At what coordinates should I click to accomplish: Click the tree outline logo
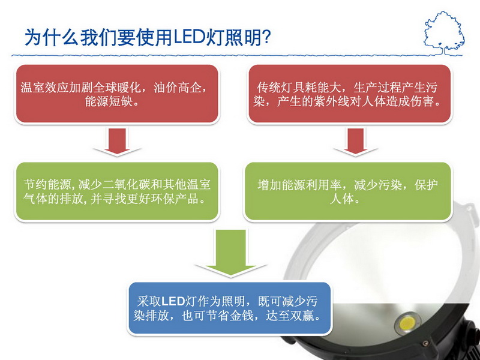444,33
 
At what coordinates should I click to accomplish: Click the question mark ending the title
266,37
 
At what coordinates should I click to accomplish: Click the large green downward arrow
230,253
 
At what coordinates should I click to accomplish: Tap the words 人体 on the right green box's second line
341,199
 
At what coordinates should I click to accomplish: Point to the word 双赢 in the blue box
302,316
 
